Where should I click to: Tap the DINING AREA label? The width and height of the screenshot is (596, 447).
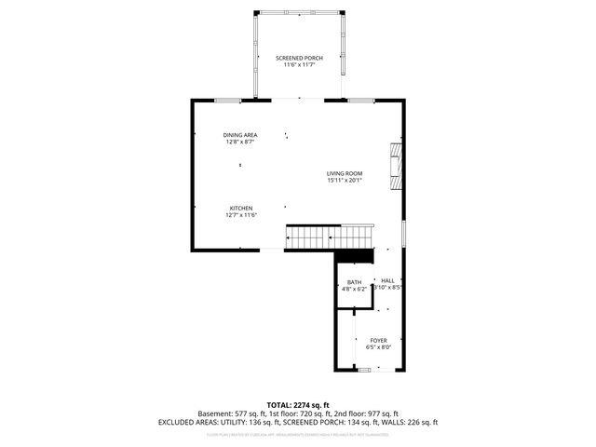coord(240,135)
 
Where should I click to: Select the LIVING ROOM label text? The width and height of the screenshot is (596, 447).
coord(344,173)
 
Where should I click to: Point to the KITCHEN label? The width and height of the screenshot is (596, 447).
coord(241,208)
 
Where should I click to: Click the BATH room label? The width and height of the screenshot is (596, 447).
coord(354,282)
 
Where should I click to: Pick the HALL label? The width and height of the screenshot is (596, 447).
coord(387,280)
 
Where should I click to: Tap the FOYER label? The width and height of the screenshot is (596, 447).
coord(378,341)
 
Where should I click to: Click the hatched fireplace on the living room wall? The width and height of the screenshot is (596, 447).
coord(397,164)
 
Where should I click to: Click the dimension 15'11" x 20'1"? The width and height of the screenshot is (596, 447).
coord(344,181)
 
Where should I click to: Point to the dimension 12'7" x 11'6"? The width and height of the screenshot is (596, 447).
coord(241,215)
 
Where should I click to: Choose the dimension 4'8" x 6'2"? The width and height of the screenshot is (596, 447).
coord(354,289)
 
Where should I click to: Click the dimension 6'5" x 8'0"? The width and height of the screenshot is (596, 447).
coord(378,347)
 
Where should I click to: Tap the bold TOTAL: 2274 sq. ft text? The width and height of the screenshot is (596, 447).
coord(298,405)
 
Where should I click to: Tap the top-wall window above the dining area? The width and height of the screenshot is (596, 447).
coord(226,100)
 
